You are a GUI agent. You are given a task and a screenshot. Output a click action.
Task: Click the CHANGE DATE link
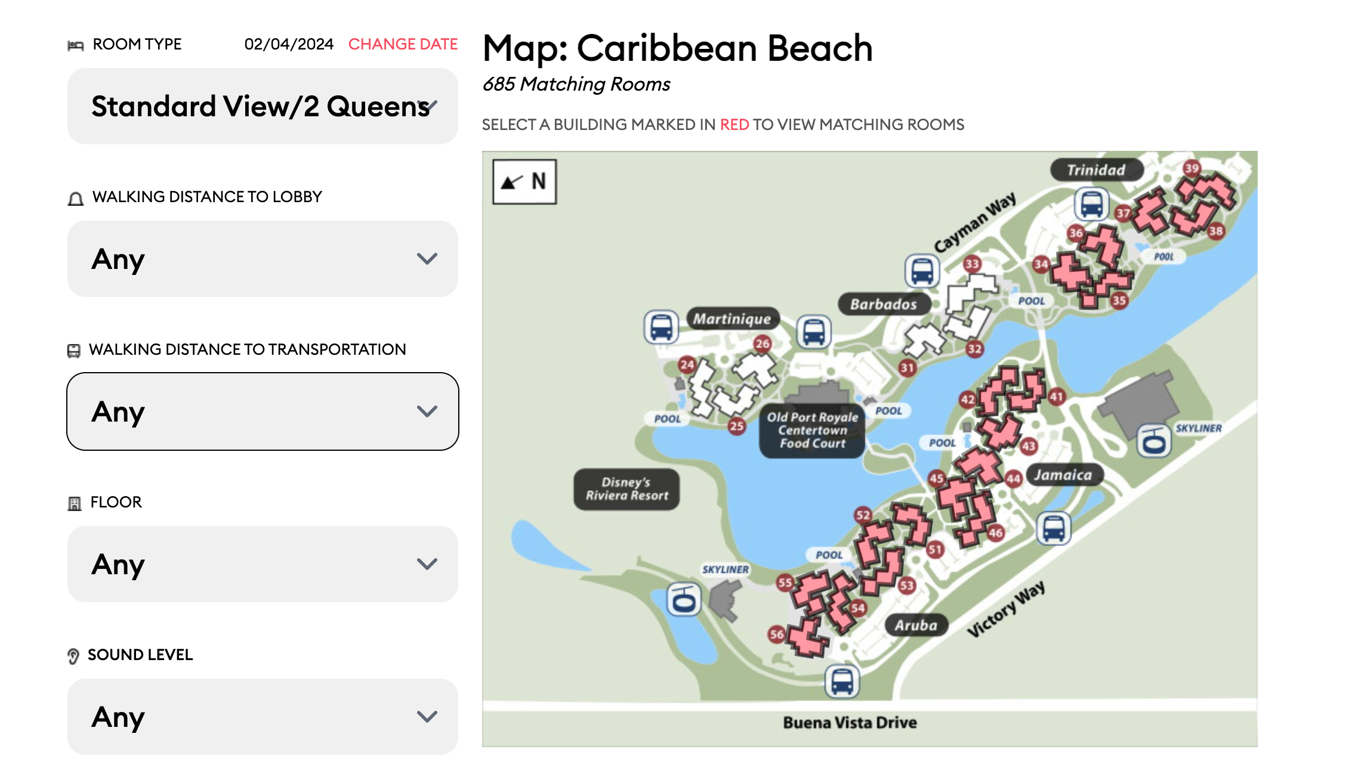click(x=403, y=44)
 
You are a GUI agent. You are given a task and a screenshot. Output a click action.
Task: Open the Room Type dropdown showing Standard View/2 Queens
click(x=263, y=106)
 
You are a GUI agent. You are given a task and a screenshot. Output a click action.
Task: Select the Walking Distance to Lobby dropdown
click(x=263, y=259)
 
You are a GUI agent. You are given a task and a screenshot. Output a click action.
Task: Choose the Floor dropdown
click(x=263, y=564)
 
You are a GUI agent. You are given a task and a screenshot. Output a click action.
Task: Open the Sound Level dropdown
click(x=263, y=717)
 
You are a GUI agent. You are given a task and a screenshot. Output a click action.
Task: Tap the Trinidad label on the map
click(x=1096, y=170)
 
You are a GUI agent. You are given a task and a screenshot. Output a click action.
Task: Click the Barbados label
click(x=883, y=304)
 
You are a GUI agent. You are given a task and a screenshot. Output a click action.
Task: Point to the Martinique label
click(x=731, y=319)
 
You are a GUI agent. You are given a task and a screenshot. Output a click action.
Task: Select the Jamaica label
click(x=1063, y=475)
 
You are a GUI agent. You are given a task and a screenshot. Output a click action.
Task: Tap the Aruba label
click(x=916, y=625)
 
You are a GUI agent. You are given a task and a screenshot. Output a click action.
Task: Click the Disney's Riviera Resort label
click(x=626, y=489)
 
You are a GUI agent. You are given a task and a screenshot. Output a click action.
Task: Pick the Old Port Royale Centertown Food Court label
click(x=812, y=430)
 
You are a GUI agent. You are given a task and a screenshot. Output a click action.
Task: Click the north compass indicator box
click(x=524, y=181)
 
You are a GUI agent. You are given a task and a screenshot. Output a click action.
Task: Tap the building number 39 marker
click(x=1191, y=168)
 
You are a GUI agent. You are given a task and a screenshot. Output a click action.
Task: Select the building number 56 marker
click(x=776, y=634)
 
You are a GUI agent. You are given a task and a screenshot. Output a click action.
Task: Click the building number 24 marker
click(x=687, y=364)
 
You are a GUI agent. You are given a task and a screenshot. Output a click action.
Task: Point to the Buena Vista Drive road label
click(x=850, y=723)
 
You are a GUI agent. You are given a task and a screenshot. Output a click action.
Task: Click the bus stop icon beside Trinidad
click(x=1091, y=204)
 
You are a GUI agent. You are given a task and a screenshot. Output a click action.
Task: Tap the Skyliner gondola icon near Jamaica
click(x=1154, y=441)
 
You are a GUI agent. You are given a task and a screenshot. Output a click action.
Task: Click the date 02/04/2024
click(x=289, y=44)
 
